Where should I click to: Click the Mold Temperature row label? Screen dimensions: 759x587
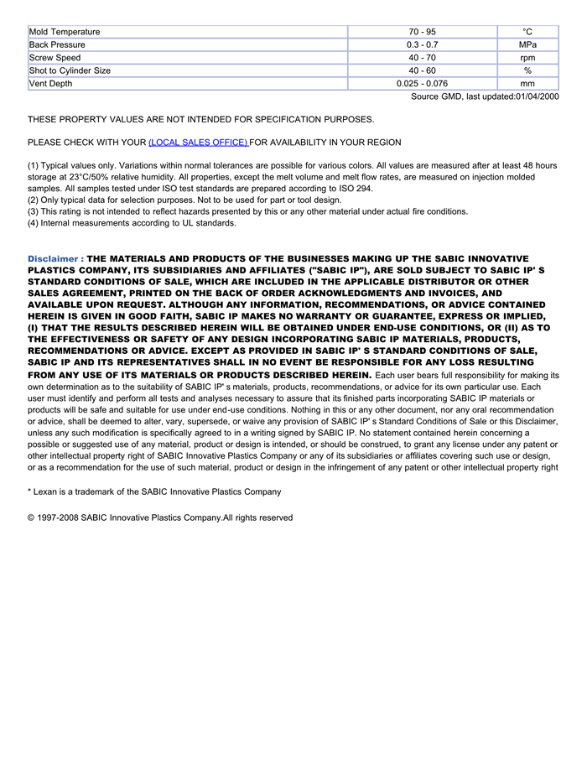(65, 32)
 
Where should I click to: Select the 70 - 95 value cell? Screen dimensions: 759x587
(422, 32)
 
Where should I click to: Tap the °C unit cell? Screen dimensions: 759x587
(527, 32)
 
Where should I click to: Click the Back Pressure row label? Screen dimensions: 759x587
(57, 44)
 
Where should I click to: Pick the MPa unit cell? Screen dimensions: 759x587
(527, 44)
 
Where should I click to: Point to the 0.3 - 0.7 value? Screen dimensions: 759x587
(422, 44)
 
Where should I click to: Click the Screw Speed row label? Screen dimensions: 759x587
(55, 58)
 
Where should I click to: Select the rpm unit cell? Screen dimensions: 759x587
(527, 58)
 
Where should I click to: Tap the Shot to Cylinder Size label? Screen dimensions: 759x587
(70, 70)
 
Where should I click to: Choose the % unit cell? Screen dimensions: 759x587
(527, 70)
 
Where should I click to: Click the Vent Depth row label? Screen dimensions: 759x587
(51, 84)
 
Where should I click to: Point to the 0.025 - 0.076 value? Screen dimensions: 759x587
(422, 84)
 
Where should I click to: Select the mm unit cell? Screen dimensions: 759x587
(527, 84)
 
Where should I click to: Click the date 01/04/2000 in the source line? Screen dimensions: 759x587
(537, 96)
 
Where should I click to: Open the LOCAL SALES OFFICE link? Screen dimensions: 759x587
(198, 143)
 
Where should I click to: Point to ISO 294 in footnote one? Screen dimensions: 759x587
(354, 189)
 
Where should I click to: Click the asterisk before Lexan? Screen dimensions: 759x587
(29, 491)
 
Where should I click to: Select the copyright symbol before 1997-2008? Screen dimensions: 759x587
(31, 517)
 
